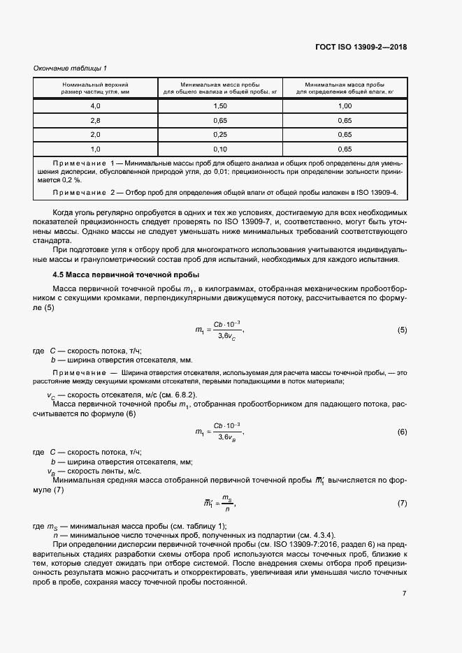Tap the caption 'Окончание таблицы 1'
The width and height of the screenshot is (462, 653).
tap(70, 68)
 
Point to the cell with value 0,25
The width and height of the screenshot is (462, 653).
tap(220, 134)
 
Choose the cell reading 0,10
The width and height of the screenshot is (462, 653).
tap(220, 149)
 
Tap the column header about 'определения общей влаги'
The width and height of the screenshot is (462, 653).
tap(345, 87)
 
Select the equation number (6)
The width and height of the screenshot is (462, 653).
tap(402, 432)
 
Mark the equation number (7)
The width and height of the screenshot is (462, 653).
tap(402, 503)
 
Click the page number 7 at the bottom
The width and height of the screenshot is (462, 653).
tap(405, 593)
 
